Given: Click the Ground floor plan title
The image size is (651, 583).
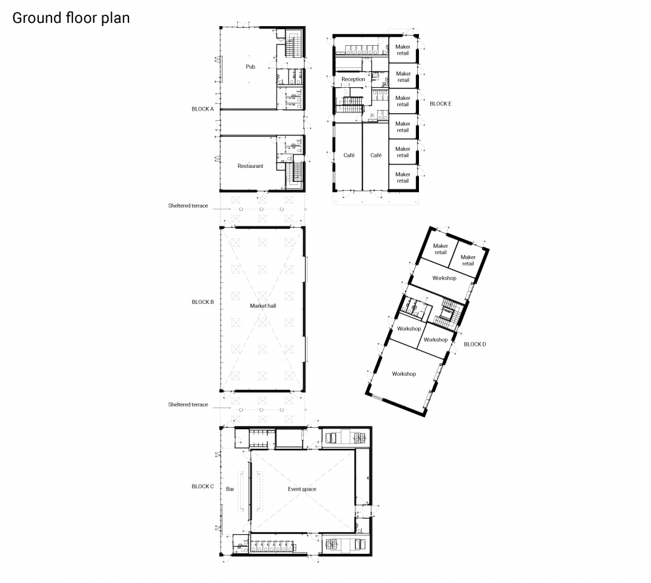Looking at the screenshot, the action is coord(71,18).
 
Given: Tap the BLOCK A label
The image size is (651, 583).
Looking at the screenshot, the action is coord(203,109).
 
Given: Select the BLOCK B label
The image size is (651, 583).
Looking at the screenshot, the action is coord(203,302).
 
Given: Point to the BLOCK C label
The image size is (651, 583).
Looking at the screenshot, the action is coord(203,486).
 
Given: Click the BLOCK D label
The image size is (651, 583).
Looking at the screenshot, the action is coord(474,345).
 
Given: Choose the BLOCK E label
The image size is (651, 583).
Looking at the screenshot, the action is coord(441,104).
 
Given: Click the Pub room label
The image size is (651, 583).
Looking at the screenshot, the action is coord(250,67).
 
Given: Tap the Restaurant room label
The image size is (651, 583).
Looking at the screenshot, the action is coord(250,166).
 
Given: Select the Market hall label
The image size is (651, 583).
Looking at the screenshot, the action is coord(263,306).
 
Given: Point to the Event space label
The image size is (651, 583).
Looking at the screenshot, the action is coord(302,490).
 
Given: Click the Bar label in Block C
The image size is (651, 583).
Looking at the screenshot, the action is coord(230,490).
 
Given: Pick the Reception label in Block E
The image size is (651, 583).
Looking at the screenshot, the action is coord(353,79).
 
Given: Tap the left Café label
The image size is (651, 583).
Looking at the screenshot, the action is coord(349,155).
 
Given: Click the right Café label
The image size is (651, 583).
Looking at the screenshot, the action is coord(376,155).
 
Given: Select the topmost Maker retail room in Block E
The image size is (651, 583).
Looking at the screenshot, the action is coord(402,50).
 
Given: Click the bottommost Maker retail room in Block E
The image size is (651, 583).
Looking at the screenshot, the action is coord(402,177).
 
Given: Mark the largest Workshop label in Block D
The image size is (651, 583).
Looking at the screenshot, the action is coord(404,374).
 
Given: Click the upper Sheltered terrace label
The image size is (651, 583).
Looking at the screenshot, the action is coord(188,206).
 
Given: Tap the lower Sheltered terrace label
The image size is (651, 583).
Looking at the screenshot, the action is coord(188,405).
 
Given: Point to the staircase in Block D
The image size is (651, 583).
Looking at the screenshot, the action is coord(448,312).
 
